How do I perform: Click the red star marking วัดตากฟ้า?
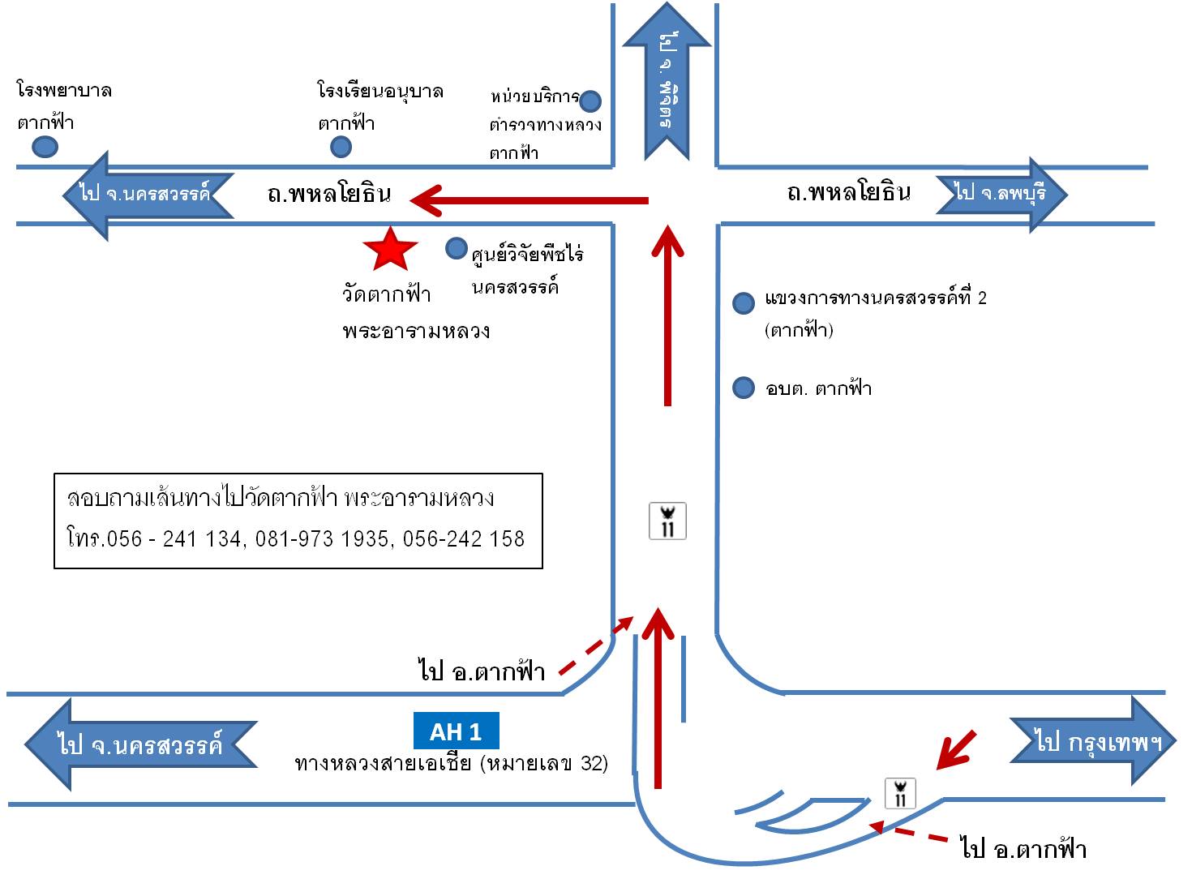tap(391, 249)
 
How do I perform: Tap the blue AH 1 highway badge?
tap(456, 731)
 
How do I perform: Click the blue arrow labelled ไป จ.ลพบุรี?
tap(1002, 194)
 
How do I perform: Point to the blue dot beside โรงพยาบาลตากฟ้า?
tap(45, 147)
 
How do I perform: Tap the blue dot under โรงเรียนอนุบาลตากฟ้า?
tap(341, 146)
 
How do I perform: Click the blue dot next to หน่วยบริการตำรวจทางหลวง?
tap(590, 101)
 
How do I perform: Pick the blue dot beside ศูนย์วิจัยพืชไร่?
tap(457, 248)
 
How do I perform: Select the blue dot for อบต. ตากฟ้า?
tap(744, 388)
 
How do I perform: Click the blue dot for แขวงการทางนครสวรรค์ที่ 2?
tap(744, 303)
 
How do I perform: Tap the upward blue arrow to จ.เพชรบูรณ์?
tap(667, 81)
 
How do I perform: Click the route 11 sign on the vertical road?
tap(668, 521)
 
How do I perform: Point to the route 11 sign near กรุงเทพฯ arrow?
tap(900, 792)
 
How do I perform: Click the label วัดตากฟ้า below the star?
tap(387, 294)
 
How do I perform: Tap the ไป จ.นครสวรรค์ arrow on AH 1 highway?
tap(139, 744)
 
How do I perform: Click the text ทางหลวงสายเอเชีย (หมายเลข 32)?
tap(452, 763)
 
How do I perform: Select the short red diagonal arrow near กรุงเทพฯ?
tap(956, 749)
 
